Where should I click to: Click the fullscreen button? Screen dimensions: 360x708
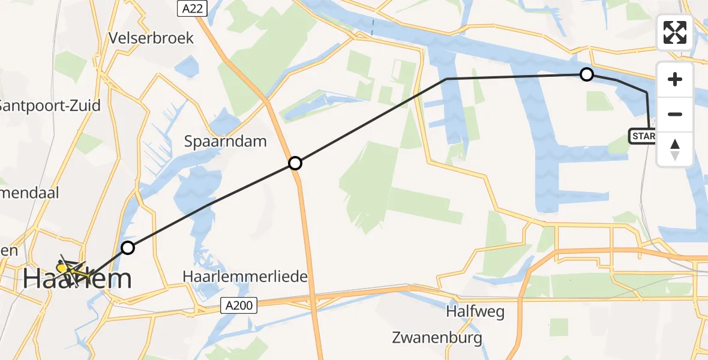(x=675, y=32)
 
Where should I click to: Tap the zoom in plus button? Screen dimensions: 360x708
(x=675, y=79)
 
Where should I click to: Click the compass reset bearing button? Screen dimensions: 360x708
(x=675, y=149)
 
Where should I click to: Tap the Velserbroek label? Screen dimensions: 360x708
(x=151, y=38)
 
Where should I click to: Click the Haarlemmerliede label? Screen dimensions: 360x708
(x=245, y=277)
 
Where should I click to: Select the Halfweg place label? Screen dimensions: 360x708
(x=475, y=312)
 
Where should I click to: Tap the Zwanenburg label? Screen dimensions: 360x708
(x=437, y=338)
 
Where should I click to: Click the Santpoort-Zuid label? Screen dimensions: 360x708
(x=49, y=106)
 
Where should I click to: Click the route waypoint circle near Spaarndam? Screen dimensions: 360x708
(x=295, y=163)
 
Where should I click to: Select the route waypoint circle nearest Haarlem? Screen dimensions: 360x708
(x=127, y=247)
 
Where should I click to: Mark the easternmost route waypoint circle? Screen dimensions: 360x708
(x=587, y=74)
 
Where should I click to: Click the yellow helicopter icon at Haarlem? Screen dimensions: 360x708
(x=69, y=268)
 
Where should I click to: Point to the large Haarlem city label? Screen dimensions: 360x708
(x=78, y=280)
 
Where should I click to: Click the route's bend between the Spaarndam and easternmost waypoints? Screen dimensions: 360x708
(x=446, y=79)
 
